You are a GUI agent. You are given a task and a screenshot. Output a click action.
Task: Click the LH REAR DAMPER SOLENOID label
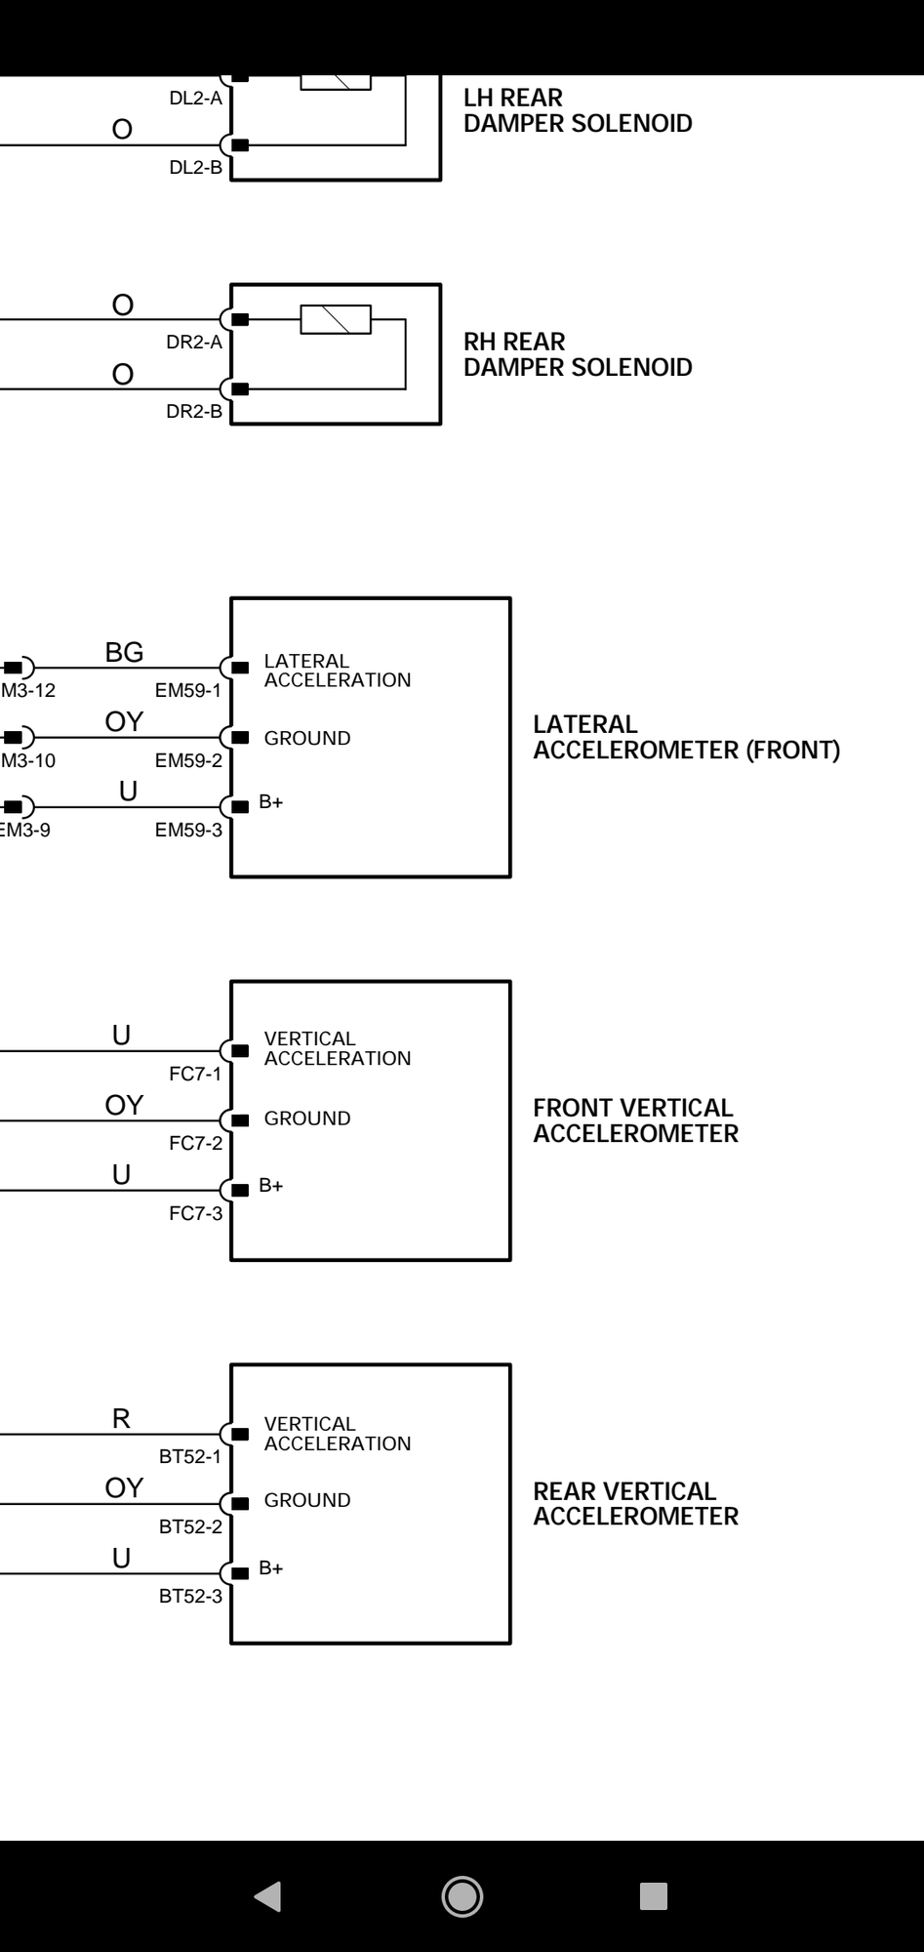[x=578, y=111]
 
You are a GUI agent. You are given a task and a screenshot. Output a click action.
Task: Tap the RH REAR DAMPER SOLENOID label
[x=578, y=355]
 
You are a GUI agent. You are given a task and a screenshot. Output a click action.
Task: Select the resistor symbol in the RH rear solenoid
[x=336, y=320]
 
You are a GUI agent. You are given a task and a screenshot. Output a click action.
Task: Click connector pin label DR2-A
[x=194, y=343]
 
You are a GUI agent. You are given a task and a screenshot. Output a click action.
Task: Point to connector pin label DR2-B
[x=194, y=412]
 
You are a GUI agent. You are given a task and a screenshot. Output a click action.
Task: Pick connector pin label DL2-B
[x=195, y=168]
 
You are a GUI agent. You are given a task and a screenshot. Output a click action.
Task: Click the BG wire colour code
[x=124, y=652]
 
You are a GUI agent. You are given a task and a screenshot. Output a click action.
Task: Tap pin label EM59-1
[x=188, y=691]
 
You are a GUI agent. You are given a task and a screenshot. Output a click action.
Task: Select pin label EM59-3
[x=188, y=831]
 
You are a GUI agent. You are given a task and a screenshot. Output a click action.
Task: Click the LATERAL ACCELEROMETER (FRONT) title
[x=686, y=738]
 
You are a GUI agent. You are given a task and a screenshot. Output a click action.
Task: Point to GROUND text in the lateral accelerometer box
[x=307, y=739]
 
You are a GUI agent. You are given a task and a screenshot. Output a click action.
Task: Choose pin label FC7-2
[x=195, y=1144]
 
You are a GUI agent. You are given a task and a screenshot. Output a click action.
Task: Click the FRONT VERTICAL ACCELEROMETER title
[x=635, y=1121]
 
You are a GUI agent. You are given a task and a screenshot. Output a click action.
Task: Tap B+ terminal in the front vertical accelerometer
[x=270, y=1186]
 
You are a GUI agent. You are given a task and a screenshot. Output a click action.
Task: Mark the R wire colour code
[x=121, y=1419]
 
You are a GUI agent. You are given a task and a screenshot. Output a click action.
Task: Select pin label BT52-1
[x=190, y=1457]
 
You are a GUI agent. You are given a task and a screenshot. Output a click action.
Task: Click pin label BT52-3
[x=190, y=1597]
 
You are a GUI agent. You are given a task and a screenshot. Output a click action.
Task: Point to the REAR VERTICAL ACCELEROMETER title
[x=635, y=1504]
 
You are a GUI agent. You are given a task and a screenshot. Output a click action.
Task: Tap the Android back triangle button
[x=267, y=1896]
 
